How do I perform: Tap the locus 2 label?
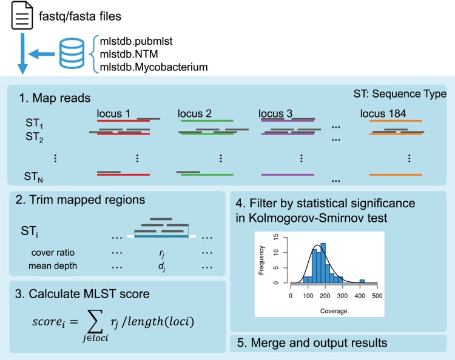[x=194, y=113]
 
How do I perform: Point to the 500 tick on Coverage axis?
[x=377, y=295]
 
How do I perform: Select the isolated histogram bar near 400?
[x=362, y=281]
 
